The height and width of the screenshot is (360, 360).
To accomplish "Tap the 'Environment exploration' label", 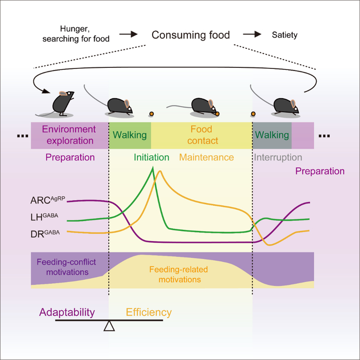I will pyautogui.click(x=69, y=135).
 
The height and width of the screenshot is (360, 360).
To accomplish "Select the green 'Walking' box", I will pyautogui.click(x=130, y=135).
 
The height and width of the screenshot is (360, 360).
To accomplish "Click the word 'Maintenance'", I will pyautogui.click(x=206, y=157).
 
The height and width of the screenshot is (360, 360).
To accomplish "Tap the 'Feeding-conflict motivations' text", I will pyautogui.click(x=62, y=266).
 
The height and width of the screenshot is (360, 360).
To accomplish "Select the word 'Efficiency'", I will pyautogui.click(x=149, y=312).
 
